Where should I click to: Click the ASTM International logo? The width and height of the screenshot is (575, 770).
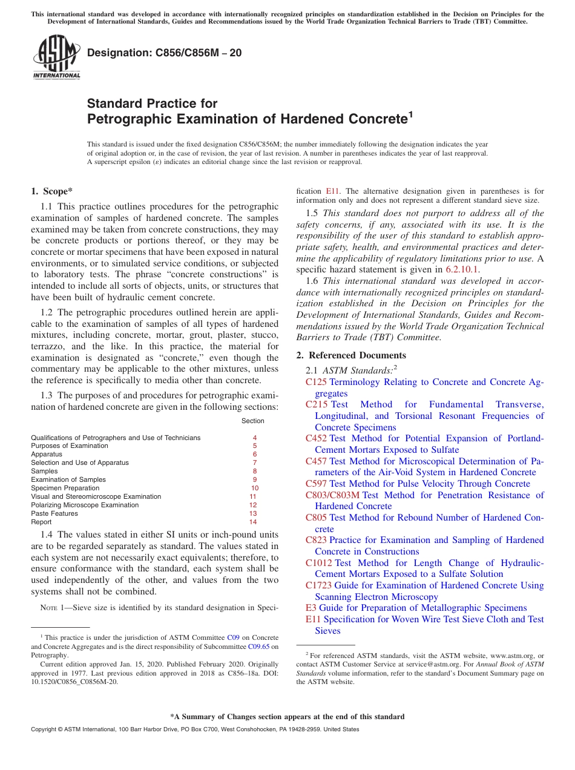(56, 58)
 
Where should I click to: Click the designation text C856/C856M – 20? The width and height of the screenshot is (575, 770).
(164, 53)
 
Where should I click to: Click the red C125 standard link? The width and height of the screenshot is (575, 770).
(316, 382)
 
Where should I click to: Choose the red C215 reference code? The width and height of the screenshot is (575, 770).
(316, 404)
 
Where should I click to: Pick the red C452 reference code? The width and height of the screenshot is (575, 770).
(316, 438)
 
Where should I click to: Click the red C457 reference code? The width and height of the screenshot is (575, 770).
(316, 461)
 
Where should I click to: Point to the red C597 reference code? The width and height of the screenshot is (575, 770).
(316, 484)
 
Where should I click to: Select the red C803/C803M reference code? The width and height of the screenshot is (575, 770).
(332, 495)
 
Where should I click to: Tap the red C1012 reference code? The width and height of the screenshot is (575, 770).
(318, 563)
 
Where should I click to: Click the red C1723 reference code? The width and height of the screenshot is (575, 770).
(318, 585)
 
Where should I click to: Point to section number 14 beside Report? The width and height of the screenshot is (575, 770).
(253, 522)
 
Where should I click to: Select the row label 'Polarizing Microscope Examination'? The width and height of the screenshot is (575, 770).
(85, 505)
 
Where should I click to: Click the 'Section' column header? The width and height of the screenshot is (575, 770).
(252, 421)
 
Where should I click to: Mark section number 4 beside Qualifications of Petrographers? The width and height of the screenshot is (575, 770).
(255, 437)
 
